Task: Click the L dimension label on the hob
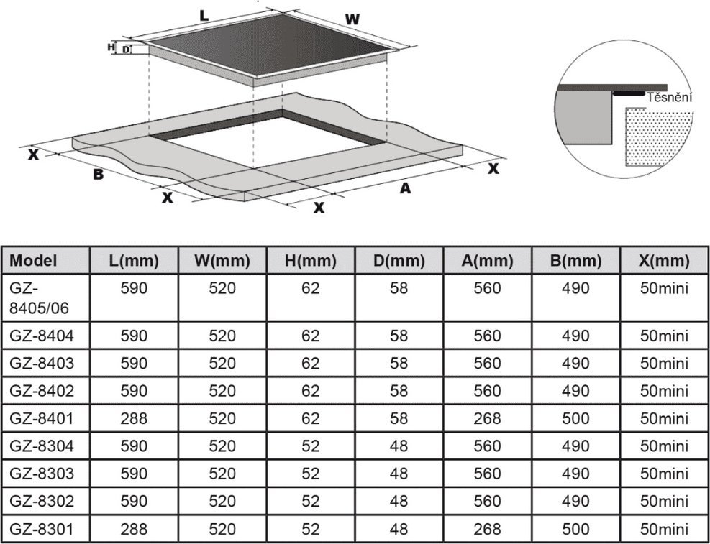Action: pos(204,15)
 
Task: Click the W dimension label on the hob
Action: pos(352,19)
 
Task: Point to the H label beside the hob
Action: pos(111,47)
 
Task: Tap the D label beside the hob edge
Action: pos(125,50)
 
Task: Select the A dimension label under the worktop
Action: pos(405,188)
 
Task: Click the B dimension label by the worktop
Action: pos(99,174)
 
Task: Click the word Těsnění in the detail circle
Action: pos(670,98)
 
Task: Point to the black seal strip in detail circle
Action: pos(629,93)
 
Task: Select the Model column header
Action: pos(34,260)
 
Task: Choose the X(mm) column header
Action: pos(665,260)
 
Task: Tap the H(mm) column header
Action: pos(311,260)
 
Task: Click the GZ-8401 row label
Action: pos(42,418)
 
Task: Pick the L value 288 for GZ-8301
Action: pos(134,529)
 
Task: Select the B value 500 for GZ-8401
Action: pos(576,418)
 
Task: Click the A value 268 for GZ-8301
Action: pos(487,529)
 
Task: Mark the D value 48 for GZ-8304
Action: pos(399,446)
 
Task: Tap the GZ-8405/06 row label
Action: pos(40,298)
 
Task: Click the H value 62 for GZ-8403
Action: pos(311,363)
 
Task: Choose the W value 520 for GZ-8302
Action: pos(222,501)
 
